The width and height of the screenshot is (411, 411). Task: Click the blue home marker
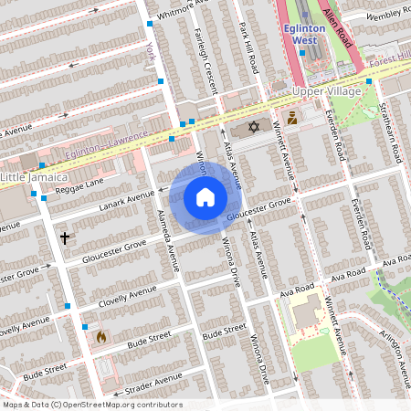coord(205,197)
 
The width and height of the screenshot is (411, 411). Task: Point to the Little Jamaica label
coord(35,175)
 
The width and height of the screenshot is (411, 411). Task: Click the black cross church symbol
coord(65,237)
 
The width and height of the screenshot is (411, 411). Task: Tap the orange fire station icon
coord(100,336)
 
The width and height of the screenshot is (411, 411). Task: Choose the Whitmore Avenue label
coord(184,9)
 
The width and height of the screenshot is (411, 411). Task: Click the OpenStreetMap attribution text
coord(92,405)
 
